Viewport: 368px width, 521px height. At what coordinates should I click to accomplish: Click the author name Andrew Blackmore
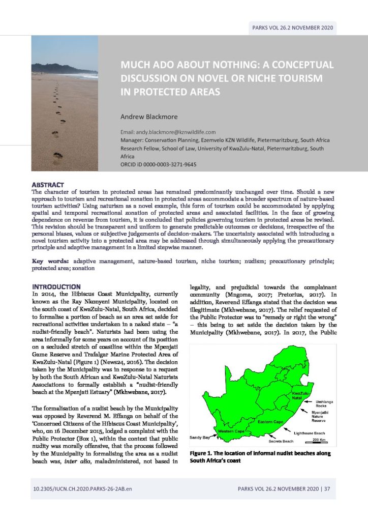point(147,116)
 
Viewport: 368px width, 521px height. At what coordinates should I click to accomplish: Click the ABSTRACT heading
point(48,184)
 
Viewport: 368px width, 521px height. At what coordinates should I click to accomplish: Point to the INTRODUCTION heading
point(55,287)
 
